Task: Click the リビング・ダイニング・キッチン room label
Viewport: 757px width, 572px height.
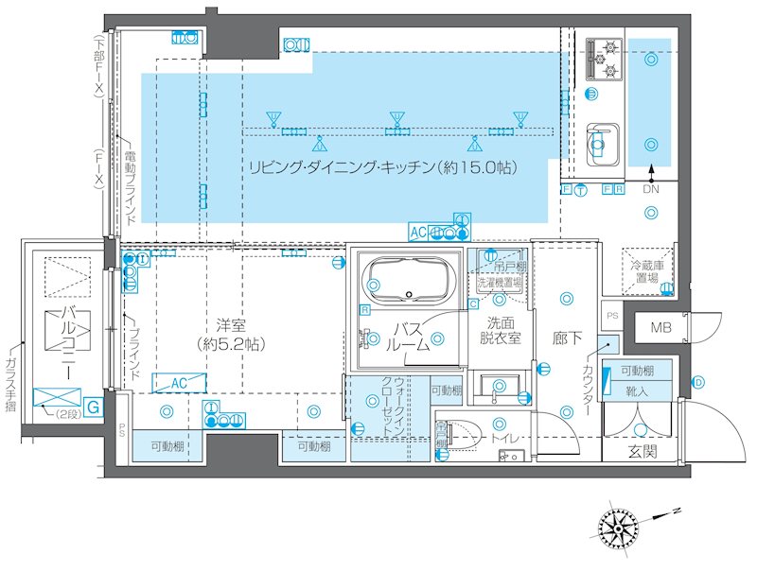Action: point(381,168)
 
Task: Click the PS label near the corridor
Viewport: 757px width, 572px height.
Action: point(611,316)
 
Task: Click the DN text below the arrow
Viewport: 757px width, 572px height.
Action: point(651,190)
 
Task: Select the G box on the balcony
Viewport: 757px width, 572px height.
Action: point(93,407)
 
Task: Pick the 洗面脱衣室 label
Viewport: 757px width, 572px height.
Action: point(498,330)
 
